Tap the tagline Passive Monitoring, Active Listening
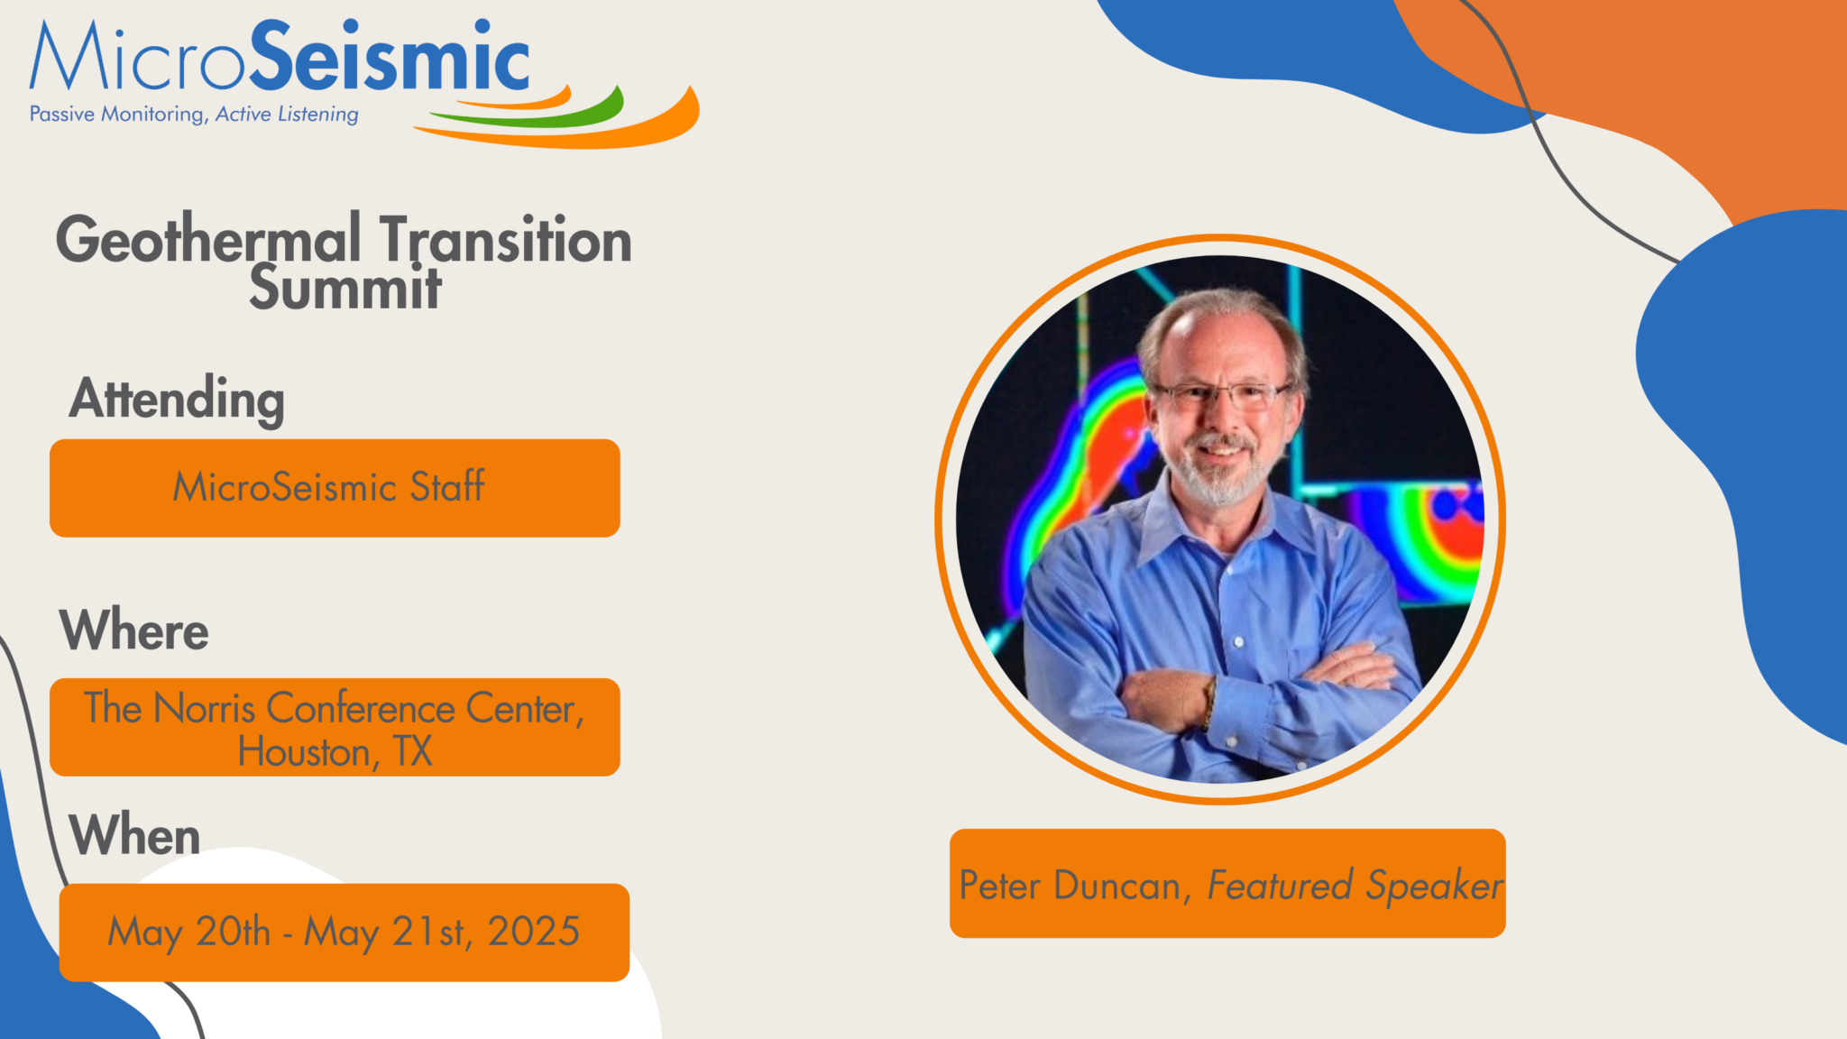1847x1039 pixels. click(x=194, y=115)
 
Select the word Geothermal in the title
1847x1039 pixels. click(x=208, y=240)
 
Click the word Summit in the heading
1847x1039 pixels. click(x=345, y=289)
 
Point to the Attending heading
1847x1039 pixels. click(x=177, y=399)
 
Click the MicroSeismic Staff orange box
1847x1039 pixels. click(x=334, y=488)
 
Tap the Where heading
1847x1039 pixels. click(x=134, y=630)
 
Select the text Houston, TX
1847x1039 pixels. click(x=335, y=751)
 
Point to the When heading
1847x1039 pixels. click(x=134, y=834)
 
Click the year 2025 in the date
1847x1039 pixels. click(x=533, y=932)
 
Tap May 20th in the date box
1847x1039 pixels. click(x=189, y=932)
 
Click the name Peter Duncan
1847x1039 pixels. click(x=1070, y=886)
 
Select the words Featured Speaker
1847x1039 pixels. click(x=1355, y=886)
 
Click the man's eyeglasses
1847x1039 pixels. click(x=1222, y=393)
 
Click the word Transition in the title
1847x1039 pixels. click(x=505, y=240)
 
